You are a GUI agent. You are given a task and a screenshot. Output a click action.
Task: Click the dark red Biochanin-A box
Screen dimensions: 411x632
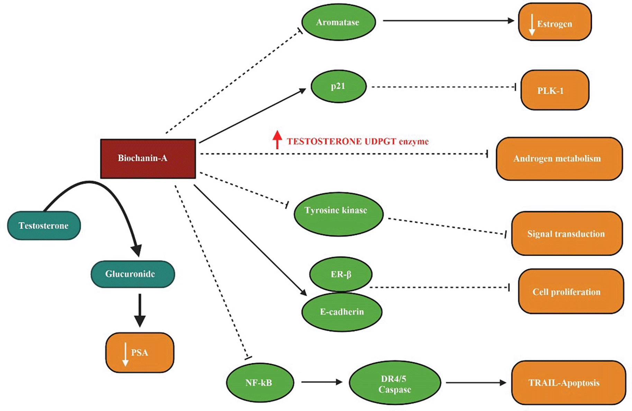[x=148, y=159]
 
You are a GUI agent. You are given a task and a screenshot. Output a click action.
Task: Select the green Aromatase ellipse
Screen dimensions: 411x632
[x=338, y=22]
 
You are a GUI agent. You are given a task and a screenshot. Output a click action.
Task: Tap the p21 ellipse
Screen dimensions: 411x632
[x=338, y=86]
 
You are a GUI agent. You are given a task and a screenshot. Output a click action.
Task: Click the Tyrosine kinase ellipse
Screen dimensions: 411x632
[x=338, y=214]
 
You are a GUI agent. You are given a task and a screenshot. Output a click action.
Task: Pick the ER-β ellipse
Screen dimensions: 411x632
[x=341, y=274]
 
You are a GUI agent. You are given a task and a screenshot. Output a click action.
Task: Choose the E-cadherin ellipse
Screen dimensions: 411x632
[x=342, y=312]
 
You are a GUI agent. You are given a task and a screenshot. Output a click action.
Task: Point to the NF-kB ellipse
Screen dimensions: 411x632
[x=260, y=383]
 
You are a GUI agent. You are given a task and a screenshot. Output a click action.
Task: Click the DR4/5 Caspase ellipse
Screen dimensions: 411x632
[x=395, y=383]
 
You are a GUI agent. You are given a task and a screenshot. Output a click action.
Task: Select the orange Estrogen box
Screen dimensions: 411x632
[x=555, y=22]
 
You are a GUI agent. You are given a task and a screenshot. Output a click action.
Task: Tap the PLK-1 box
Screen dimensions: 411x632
[x=555, y=90]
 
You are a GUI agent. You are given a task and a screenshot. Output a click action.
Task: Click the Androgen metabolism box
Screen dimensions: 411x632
[x=559, y=159]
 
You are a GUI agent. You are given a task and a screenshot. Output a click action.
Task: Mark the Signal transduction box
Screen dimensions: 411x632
[x=567, y=233]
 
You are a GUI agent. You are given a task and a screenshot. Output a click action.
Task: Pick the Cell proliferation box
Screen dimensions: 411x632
[x=571, y=291]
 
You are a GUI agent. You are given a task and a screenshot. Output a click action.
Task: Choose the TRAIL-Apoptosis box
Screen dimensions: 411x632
[x=568, y=383]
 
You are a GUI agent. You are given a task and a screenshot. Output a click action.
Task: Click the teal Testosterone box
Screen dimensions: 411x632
[x=44, y=225]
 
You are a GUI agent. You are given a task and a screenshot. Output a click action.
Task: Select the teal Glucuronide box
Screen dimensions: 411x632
[x=132, y=274]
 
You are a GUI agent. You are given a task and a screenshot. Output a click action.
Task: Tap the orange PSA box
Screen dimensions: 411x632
[x=140, y=352]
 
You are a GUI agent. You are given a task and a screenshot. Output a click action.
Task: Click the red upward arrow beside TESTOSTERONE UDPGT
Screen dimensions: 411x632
[x=277, y=140]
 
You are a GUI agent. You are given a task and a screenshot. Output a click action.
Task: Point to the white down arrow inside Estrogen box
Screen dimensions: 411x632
[x=532, y=25]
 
